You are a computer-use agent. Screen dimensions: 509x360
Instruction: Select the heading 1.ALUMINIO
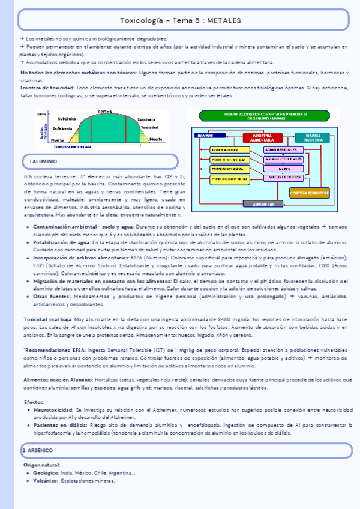point(43,162)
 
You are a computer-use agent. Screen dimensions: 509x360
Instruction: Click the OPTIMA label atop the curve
point(106,112)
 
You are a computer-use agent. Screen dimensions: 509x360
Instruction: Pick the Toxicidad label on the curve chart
point(149,127)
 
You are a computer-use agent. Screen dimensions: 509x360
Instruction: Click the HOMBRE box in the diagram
point(203,136)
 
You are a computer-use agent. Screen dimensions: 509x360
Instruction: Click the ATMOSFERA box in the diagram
point(265,205)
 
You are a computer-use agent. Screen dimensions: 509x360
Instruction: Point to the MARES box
point(281,169)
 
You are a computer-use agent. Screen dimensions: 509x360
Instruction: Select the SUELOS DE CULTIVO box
point(281,178)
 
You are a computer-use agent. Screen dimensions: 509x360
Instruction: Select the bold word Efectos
point(34,402)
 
